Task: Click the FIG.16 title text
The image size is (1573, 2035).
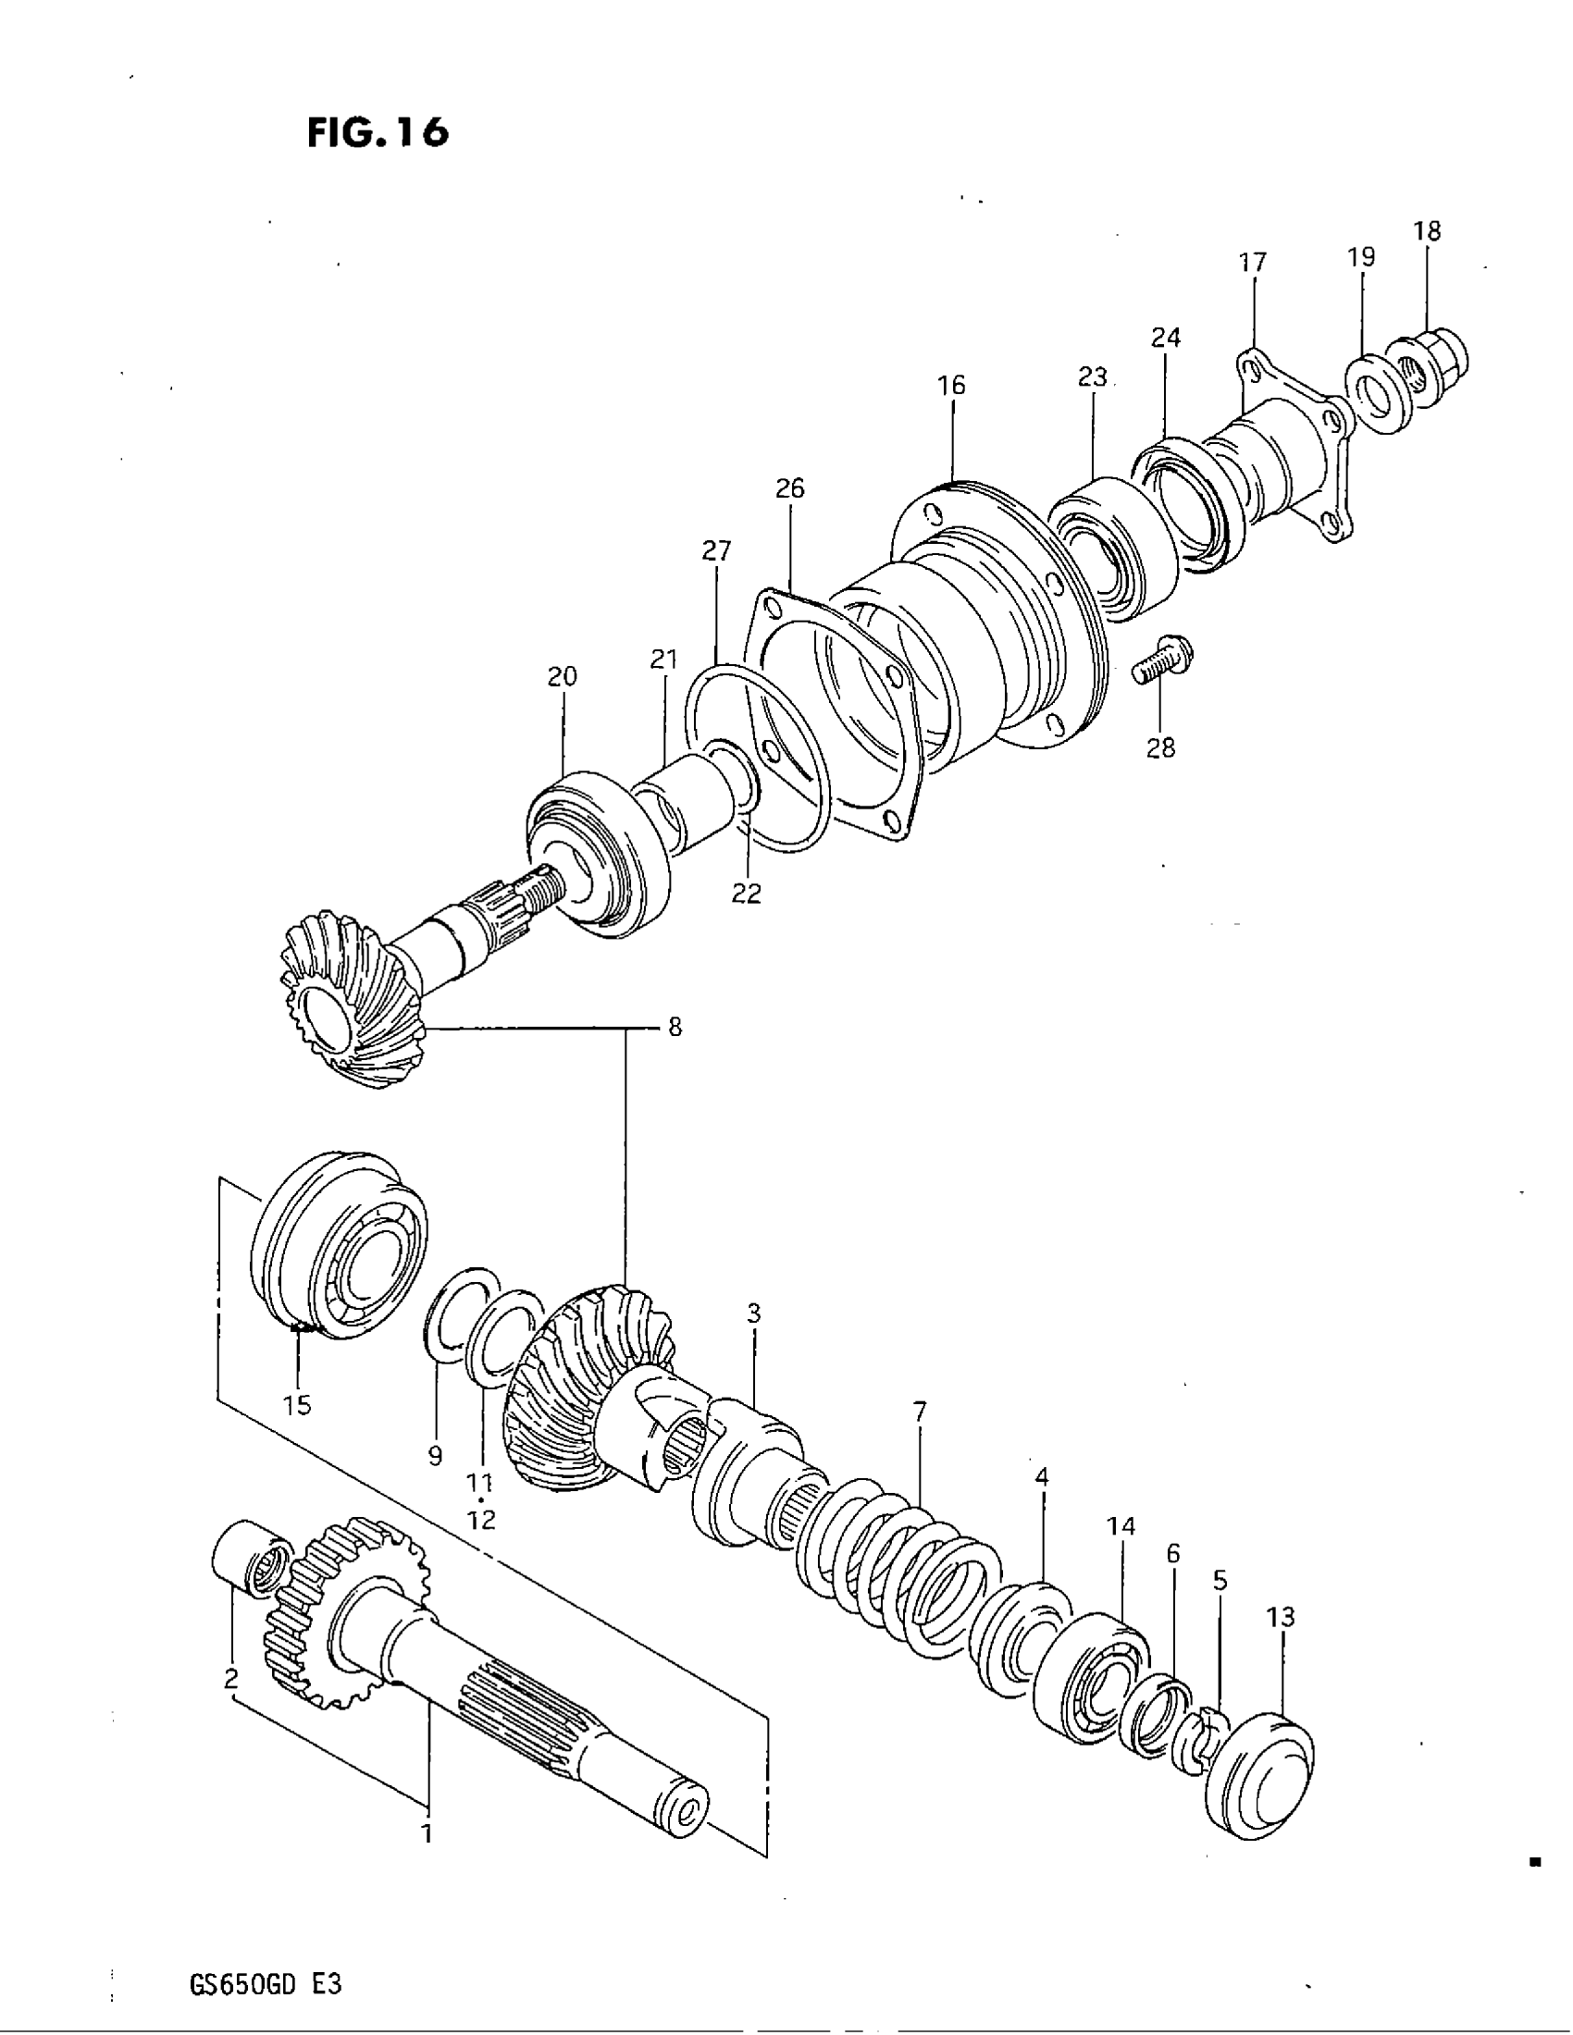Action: tap(378, 132)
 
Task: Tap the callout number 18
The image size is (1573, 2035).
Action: tap(1427, 231)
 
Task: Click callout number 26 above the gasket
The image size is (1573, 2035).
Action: tap(789, 488)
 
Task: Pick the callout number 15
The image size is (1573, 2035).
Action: tap(297, 1405)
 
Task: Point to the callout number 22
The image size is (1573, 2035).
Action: tap(747, 894)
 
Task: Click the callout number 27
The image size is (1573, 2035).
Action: tap(716, 550)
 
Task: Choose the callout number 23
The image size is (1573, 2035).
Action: tap(1092, 377)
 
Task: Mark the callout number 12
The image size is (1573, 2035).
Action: tap(481, 1520)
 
